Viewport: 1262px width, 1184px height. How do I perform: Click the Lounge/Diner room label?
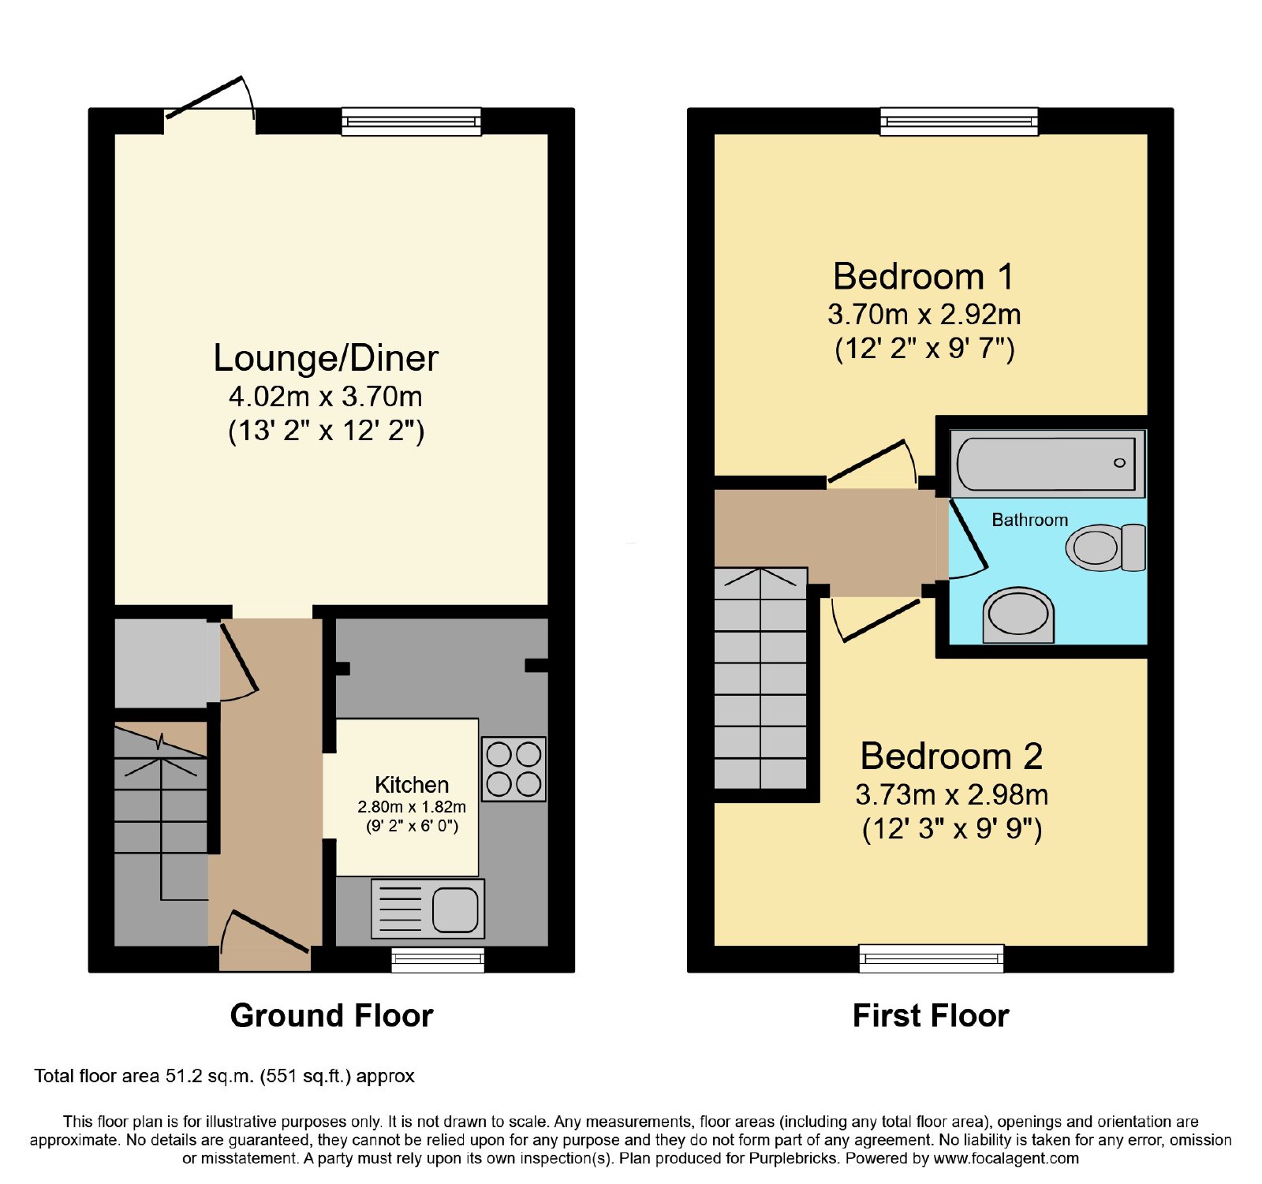(326, 358)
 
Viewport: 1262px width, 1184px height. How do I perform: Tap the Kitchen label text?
(412, 785)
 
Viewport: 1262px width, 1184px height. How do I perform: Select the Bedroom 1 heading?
(923, 277)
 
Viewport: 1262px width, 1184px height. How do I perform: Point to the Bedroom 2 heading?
(951, 756)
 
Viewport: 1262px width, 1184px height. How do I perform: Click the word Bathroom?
(1029, 520)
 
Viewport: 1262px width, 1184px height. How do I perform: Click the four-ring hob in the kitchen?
(513, 769)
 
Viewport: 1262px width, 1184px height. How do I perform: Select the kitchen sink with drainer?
(428, 909)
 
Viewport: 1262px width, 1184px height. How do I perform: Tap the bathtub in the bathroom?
(1047, 464)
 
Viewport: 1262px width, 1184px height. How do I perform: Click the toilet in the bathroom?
(1106, 547)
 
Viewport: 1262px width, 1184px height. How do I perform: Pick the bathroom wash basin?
(1018, 614)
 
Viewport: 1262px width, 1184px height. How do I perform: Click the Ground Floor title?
(331, 1015)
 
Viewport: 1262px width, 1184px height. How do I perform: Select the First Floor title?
(931, 1015)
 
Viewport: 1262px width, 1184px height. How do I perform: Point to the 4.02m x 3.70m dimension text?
(326, 396)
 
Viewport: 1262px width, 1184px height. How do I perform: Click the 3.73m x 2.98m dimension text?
(952, 794)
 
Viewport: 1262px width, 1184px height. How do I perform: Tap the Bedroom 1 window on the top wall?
(959, 121)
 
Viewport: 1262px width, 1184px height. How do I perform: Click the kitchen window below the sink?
(438, 959)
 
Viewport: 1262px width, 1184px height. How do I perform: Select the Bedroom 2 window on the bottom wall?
(932, 958)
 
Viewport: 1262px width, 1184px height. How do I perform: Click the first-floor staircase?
(760, 678)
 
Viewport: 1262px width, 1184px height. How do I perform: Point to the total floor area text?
(224, 1076)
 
